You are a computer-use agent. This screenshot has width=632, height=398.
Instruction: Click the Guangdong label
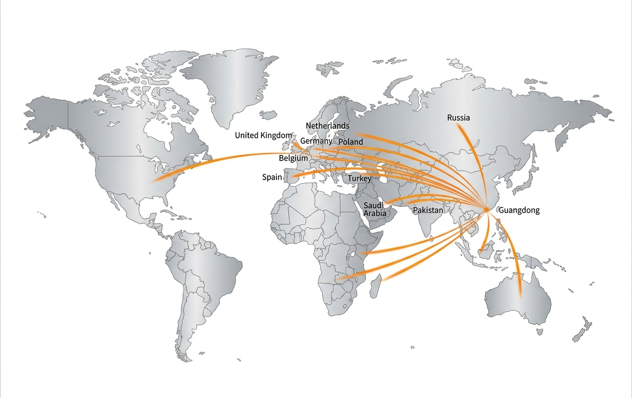(519, 211)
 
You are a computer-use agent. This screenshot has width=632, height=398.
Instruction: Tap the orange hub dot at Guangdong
(486, 210)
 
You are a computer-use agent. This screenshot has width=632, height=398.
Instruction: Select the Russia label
(458, 118)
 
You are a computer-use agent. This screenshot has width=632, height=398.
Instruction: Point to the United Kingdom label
(263, 135)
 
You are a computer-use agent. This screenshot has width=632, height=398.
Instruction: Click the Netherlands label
(327, 126)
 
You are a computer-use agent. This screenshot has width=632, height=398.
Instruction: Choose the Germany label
(316, 141)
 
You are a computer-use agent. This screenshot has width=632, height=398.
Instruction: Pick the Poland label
(351, 141)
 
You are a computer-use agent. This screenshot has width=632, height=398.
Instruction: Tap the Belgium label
(293, 158)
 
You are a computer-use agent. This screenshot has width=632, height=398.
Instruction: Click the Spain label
(272, 177)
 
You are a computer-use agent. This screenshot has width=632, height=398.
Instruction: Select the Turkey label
(359, 179)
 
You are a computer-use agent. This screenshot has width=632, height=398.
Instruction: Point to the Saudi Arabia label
(375, 209)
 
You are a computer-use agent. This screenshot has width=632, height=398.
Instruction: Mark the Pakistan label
(428, 210)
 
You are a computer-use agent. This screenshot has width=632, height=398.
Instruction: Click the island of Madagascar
(375, 286)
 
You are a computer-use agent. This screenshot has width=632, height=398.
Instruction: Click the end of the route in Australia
(520, 295)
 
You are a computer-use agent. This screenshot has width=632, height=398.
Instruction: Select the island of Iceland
(268, 115)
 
